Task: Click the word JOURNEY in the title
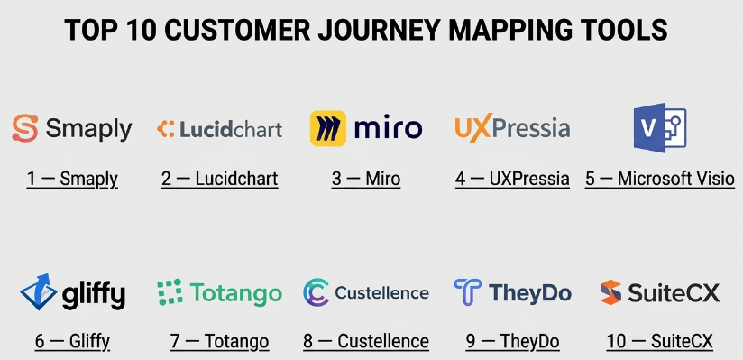coord(377,31)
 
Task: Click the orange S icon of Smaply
coord(25,128)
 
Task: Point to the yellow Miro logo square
coord(328,128)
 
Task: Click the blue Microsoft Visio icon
coord(660,128)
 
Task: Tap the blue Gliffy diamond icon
coord(39,291)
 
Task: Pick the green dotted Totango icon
coord(170,291)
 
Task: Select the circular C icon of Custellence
coord(316,292)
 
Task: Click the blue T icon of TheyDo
coord(468,291)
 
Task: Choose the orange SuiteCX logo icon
coord(610,292)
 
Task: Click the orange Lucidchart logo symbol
coord(166,129)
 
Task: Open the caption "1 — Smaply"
coord(72,180)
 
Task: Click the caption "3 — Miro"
coord(366,180)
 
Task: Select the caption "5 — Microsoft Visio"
coord(660,180)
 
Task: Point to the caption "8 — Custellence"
coord(366,341)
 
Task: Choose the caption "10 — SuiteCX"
coord(660,341)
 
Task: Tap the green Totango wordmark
coord(236,292)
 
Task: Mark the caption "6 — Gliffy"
coord(72,341)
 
